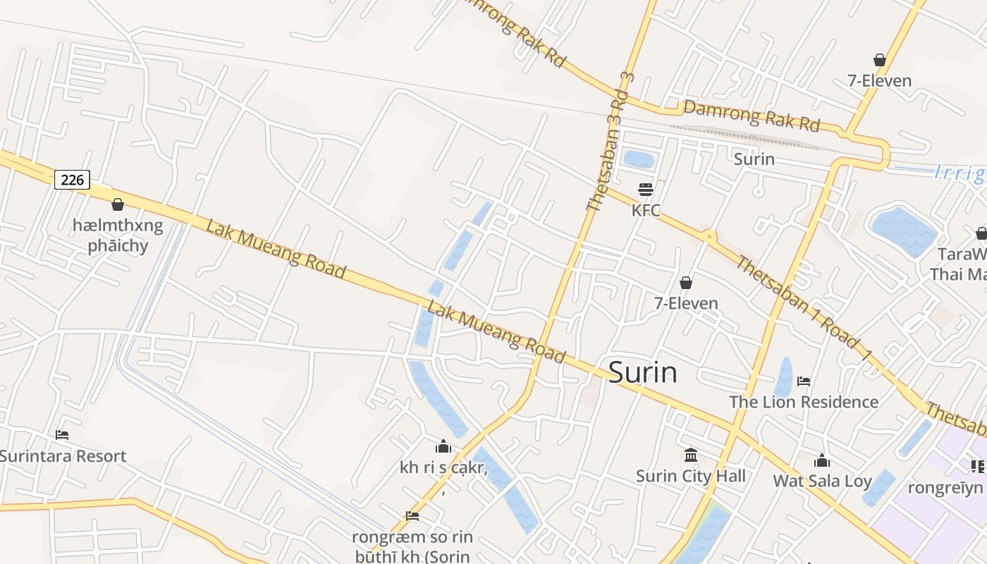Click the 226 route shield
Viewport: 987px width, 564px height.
pos(72,180)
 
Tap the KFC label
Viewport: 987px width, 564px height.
pos(646,210)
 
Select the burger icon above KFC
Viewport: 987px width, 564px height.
pos(646,189)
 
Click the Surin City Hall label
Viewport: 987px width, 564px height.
pos(691,476)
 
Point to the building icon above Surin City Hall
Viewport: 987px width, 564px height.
pos(691,455)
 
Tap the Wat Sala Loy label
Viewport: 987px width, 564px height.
pos(823,481)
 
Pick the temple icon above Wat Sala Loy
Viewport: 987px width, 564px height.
pos(822,461)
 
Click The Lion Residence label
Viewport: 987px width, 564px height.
pos(804,402)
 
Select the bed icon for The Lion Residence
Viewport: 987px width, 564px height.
pos(804,381)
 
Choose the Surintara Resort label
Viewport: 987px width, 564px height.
pos(62,455)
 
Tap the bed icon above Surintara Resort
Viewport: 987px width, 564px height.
pos(62,435)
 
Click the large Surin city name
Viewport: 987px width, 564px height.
pos(642,372)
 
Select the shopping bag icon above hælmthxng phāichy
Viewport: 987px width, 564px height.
pos(118,204)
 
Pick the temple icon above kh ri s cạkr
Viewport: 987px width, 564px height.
pos(443,446)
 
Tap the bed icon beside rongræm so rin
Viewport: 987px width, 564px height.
pos(412,516)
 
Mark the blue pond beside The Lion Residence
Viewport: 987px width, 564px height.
pos(784,377)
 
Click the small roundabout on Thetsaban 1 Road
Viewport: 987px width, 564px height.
pos(709,236)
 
